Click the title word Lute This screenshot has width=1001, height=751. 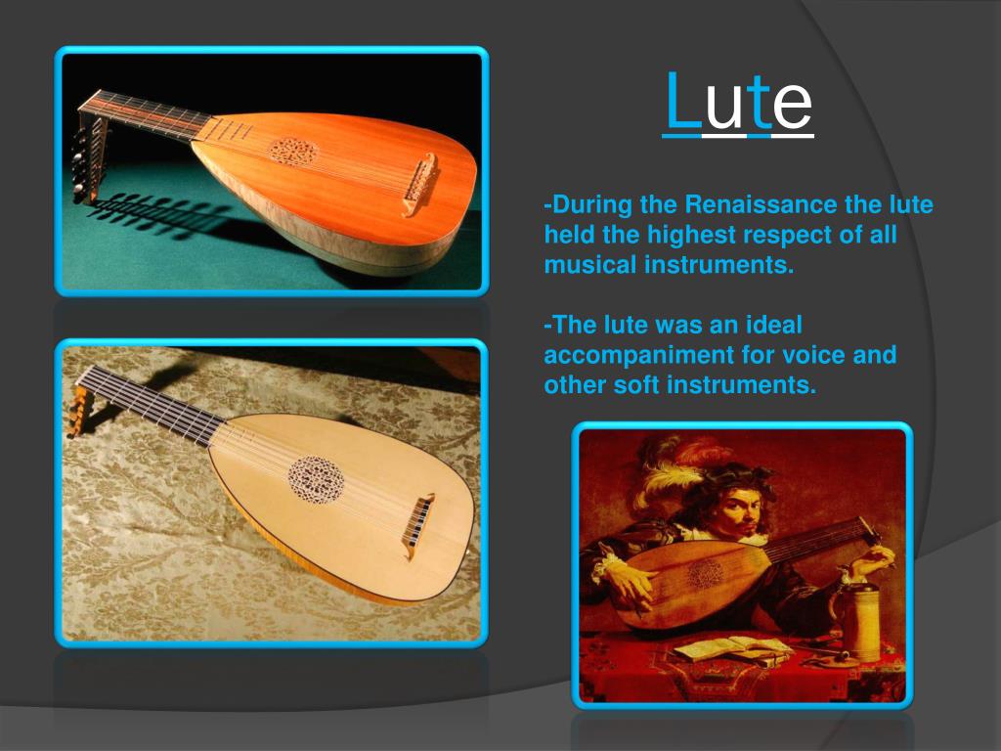738,103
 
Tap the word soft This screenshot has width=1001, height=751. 636,384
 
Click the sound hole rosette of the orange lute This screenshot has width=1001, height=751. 293,152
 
